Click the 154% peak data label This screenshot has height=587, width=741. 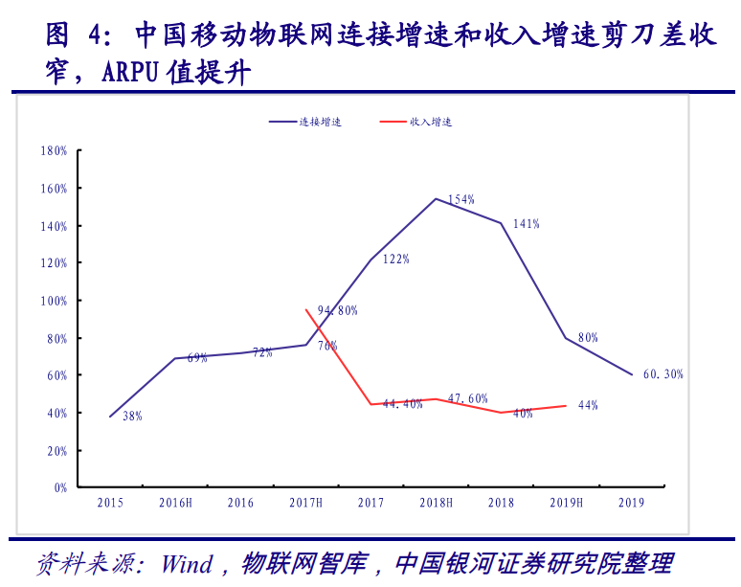click(461, 199)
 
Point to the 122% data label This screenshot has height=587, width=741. click(396, 259)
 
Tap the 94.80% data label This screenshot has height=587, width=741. click(338, 310)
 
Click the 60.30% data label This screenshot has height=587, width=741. click(663, 374)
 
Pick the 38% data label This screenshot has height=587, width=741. click(132, 416)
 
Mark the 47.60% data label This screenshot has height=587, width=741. click(468, 398)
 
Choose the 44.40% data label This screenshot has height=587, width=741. click(403, 404)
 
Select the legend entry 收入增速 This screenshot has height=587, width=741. click(431, 123)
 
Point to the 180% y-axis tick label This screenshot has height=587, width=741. click(54, 151)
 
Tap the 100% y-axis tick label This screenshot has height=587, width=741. click(54, 301)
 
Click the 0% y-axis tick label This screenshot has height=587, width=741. click(59, 487)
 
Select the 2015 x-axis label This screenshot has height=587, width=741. click(110, 503)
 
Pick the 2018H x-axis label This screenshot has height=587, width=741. click(436, 503)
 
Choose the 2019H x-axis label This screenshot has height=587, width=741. click(566, 503)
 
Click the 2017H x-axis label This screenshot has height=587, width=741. click(305, 503)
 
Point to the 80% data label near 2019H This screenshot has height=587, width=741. click(588, 337)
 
